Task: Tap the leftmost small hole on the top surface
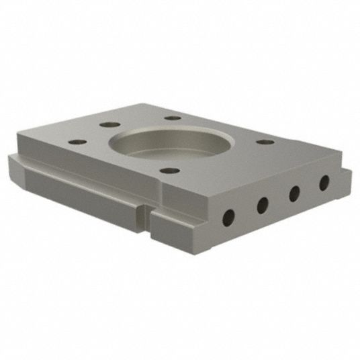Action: point(78,142)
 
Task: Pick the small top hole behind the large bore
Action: point(173,118)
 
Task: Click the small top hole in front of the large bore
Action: point(170,171)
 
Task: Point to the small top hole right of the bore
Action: point(265,142)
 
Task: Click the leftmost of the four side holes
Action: point(229,216)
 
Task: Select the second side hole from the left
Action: point(263,204)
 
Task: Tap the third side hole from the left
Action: point(294,193)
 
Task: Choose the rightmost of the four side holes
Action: point(324,182)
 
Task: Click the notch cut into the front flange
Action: point(146,219)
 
